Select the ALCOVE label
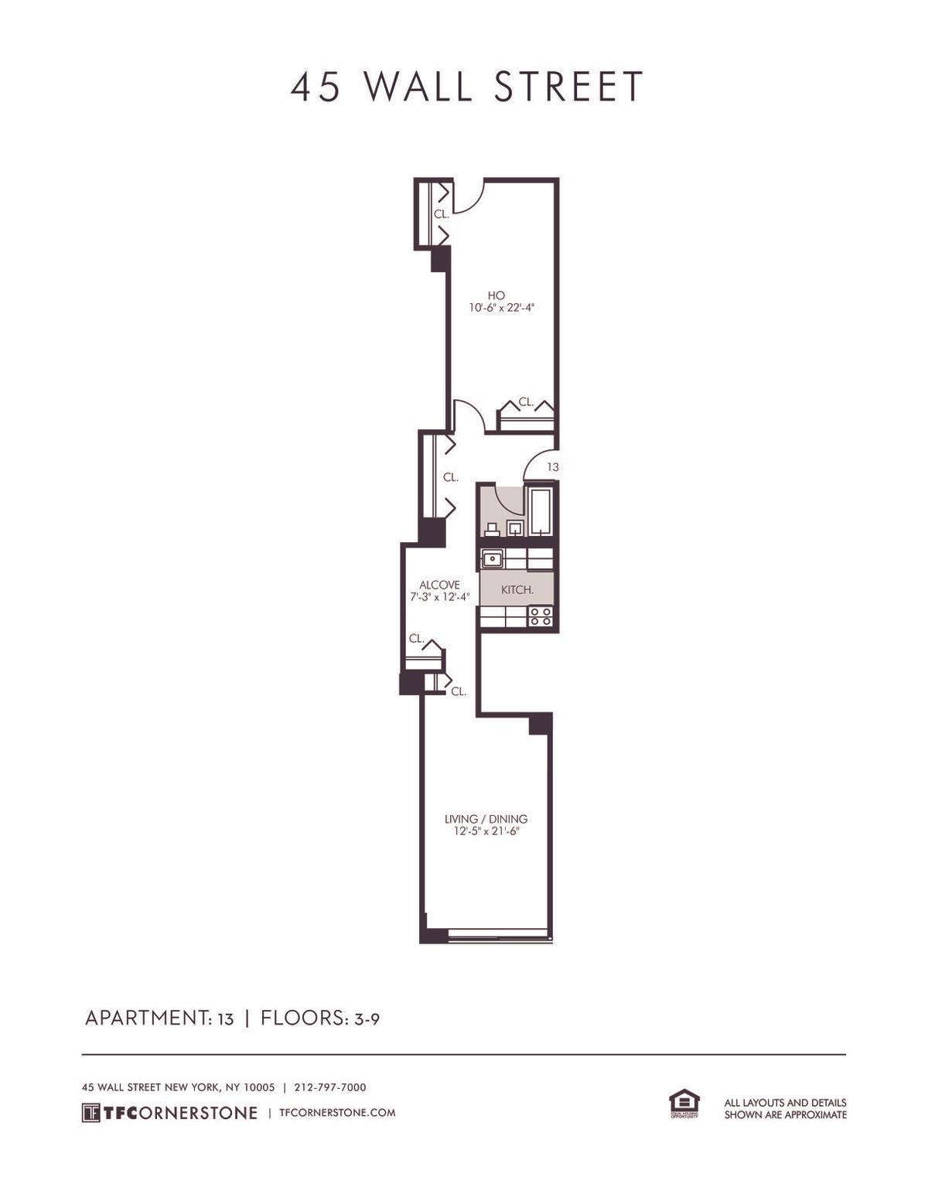[x=439, y=585]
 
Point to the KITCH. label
[x=517, y=590]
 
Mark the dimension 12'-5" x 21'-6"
[x=486, y=831]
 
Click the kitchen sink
[x=491, y=559]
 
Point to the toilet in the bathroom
[x=491, y=530]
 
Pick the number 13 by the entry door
[x=553, y=467]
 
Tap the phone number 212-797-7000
[x=330, y=1087]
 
